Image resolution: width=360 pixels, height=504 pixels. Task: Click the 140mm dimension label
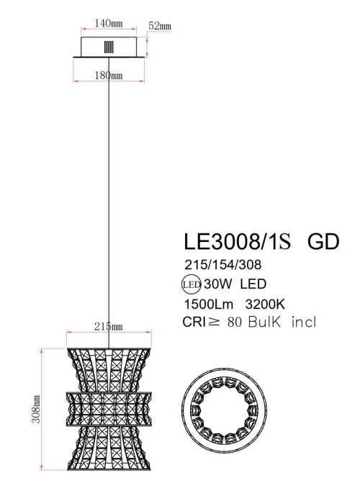click(109, 23)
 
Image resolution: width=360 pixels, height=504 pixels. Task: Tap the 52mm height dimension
click(159, 27)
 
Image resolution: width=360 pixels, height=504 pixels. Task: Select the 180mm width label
click(108, 76)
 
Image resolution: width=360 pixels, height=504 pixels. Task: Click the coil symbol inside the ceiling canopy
click(109, 47)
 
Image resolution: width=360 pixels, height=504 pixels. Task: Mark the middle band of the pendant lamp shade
click(110, 412)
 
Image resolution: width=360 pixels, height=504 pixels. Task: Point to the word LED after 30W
click(251, 283)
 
